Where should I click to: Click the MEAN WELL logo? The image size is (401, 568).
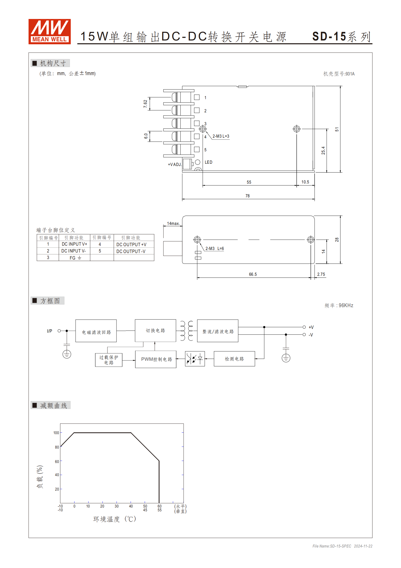point(50,32)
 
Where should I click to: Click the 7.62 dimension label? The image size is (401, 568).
point(145,104)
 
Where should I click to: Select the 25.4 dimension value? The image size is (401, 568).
point(323,151)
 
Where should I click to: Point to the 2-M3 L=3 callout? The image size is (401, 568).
point(221,136)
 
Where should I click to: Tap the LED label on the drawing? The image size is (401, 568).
point(208,162)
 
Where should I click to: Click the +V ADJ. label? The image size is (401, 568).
point(175,164)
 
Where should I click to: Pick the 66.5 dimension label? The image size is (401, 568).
point(253,274)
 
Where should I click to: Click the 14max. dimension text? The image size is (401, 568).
point(173,223)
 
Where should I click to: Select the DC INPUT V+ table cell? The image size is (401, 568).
point(74,244)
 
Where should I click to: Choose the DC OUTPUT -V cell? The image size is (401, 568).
point(131,251)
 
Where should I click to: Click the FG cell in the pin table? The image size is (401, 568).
point(75,258)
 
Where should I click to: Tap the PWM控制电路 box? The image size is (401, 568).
point(156,359)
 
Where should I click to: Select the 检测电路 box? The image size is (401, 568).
point(234,359)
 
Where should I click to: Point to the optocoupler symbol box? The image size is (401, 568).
point(195,359)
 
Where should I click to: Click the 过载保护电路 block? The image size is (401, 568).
point(109,360)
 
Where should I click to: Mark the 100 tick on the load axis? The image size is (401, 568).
point(56,433)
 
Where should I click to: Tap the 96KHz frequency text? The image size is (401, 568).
point(346,305)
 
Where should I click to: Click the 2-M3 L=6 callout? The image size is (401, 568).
point(215,248)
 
